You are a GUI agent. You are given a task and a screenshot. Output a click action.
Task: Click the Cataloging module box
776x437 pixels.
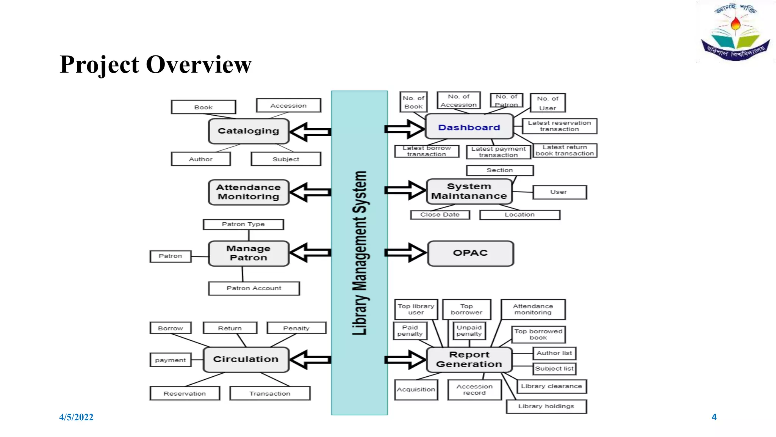click(249, 131)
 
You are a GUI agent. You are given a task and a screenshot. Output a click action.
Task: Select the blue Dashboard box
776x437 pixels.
click(469, 127)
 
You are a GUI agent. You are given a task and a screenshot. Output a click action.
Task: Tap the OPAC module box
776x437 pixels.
click(471, 253)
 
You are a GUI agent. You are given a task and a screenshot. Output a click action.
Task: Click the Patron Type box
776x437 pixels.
click(243, 224)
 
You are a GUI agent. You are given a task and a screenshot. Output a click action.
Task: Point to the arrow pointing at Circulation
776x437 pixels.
click(310, 359)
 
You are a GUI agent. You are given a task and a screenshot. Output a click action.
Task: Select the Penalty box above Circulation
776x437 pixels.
click(296, 328)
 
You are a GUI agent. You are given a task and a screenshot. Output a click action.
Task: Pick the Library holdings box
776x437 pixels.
click(546, 406)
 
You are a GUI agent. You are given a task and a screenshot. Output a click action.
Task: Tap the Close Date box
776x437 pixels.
click(440, 215)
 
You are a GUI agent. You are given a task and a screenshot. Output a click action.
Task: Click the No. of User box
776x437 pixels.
click(548, 103)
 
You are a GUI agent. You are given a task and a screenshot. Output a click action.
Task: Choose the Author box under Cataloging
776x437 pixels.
click(200, 159)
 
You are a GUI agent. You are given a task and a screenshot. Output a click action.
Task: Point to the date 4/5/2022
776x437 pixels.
click(76, 417)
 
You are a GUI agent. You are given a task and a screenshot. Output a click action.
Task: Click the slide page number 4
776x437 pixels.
click(714, 417)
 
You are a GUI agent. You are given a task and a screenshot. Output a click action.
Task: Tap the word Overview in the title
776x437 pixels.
click(199, 64)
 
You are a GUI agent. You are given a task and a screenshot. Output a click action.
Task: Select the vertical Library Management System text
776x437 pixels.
click(360, 253)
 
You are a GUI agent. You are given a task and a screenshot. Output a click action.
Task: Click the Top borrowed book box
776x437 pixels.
click(538, 334)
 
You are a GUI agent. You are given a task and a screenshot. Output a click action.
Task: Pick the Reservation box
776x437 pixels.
click(185, 393)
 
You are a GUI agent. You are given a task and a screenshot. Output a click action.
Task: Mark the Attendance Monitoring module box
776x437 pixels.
click(249, 192)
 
